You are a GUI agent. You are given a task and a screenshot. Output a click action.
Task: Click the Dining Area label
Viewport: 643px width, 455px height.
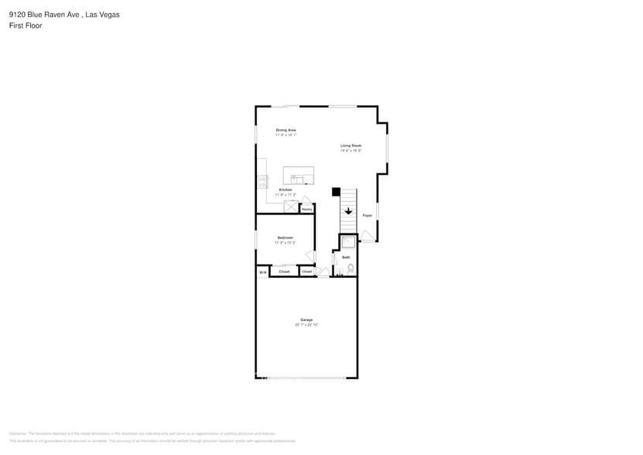click(x=286, y=130)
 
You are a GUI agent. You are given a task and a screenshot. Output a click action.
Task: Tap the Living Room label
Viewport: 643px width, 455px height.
click(x=351, y=145)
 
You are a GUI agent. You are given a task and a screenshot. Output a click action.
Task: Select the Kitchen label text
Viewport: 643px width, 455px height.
click(x=286, y=190)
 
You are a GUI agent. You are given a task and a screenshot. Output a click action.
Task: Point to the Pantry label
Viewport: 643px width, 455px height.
click(x=307, y=209)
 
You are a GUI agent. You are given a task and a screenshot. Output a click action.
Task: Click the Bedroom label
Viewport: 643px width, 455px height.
click(x=286, y=238)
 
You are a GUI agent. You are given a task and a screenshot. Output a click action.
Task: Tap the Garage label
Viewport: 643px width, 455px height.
click(x=306, y=320)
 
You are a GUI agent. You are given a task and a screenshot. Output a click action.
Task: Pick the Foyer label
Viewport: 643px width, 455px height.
click(x=368, y=215)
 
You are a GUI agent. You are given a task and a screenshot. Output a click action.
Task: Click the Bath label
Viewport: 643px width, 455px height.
click(x=346, y=257)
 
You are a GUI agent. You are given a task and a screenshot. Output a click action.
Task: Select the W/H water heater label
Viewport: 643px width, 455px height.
click(x=262, y=272)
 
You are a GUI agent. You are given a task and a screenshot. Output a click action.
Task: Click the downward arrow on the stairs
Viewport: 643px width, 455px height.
click(x=348, y=210)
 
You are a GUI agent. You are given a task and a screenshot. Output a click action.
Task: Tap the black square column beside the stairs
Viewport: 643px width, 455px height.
click(x=336, y=191)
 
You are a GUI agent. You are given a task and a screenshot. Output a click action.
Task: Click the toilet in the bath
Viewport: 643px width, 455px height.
click(x=351, y=268)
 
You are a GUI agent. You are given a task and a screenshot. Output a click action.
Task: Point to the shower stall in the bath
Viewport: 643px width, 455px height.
click(x=348, y=242)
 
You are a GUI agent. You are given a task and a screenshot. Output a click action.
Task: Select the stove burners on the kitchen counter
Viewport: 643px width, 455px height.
click(x=262, y=182)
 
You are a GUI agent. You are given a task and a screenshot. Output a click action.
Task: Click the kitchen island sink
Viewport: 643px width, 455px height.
click(x=294, y=179)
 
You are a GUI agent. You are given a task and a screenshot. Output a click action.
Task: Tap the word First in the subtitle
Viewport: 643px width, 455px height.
click(x=16, y=26)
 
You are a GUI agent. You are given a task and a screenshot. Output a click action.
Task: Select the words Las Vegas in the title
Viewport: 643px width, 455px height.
click(x=105, y=14)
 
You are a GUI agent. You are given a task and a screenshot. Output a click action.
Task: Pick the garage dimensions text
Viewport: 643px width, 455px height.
click(x=306, y=325)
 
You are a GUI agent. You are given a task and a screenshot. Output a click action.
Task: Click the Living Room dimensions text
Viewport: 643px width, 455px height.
click(x=351, y=150)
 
